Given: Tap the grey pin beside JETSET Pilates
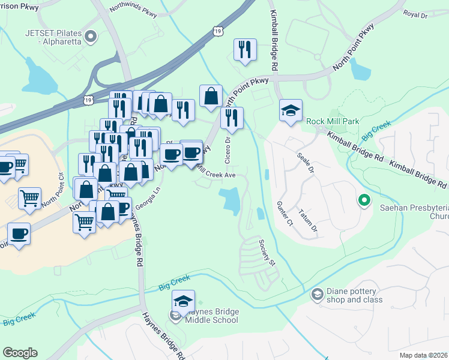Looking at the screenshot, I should [x=91, y=37].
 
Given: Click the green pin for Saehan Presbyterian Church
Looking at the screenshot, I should [x=363, y=200].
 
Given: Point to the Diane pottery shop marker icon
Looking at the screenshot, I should [x=317, y=294].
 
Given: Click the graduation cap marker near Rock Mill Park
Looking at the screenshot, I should [x=291, y=111].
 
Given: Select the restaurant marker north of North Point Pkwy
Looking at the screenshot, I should [x=245, y=50].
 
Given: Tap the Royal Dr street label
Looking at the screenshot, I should [x=415, y=13].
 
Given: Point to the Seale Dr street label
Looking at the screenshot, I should [x=306, y=163].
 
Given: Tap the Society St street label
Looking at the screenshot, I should [x=267, y=253].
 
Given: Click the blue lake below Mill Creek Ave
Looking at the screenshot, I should [x=231, y=200].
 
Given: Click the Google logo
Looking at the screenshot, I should [x=20, y=353].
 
